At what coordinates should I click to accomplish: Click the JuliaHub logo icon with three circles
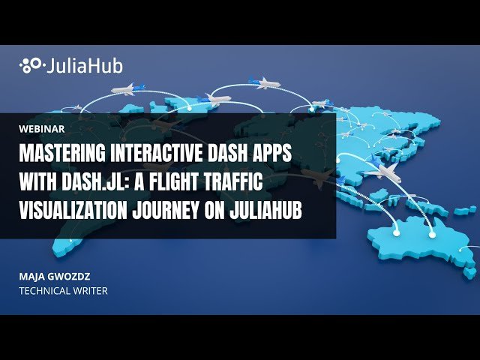click(30, 66)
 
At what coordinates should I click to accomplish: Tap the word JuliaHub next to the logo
click(83, 66)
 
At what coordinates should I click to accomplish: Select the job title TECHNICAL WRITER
click(63, 290)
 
